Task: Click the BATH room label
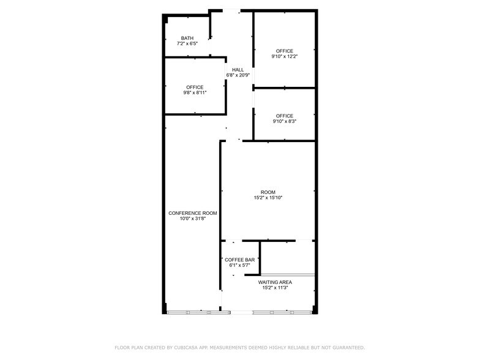click(187, 38)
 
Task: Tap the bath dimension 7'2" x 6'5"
click(187, 44)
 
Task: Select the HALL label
click(238, 70)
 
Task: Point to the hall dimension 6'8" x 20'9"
click(238, 75)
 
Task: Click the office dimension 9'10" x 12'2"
click(284, 56)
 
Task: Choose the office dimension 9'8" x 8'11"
click(195, 93)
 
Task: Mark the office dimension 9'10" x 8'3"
click(284, 121)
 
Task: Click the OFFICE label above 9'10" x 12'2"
click(284, 51)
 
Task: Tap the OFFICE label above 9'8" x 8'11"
click(195, 87)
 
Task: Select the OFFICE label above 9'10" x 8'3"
click(284, 116)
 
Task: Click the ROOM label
click(268, 192)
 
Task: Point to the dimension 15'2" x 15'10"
click(268, 198)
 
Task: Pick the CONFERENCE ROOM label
click(193, 213)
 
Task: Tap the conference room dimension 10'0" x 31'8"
click(193, 219)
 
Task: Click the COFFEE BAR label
click(240, 260)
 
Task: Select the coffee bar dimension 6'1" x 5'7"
click(240, 265)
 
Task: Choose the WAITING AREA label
click(275, 282)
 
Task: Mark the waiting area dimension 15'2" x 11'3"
click(275, 288)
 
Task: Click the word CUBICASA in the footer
click(186, 347)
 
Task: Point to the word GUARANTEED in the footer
click(346, 347)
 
